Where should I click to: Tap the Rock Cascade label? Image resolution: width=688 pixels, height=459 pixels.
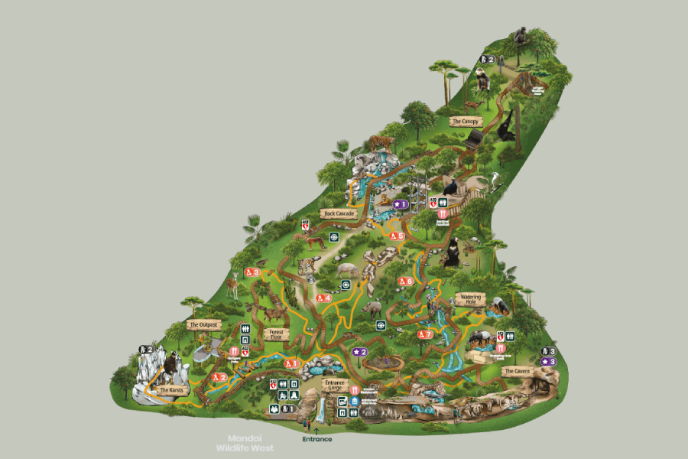point(339,214)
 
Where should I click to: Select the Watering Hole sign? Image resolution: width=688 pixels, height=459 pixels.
point(470,298)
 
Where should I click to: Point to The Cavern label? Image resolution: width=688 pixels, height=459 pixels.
point(516,371)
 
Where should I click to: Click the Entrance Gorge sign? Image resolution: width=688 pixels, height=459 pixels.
point(336,384)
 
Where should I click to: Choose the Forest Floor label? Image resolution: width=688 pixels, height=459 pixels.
point(277,334)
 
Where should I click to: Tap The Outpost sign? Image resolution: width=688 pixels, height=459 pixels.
point(204,324)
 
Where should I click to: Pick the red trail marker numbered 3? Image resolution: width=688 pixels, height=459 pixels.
point(252,272)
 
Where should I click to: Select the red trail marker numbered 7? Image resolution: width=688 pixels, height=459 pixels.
point(425,334)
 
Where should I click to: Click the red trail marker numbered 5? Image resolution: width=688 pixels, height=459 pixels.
point(396,236)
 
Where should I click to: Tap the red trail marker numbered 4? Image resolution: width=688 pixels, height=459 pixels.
point(323,298)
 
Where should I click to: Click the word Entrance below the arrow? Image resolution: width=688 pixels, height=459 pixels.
point(317,439)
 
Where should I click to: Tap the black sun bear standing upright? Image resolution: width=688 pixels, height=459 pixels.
point(453,252)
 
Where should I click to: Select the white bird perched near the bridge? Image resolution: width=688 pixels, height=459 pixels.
point(496,180)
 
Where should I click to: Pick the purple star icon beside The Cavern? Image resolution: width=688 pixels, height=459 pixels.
point(548,361)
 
